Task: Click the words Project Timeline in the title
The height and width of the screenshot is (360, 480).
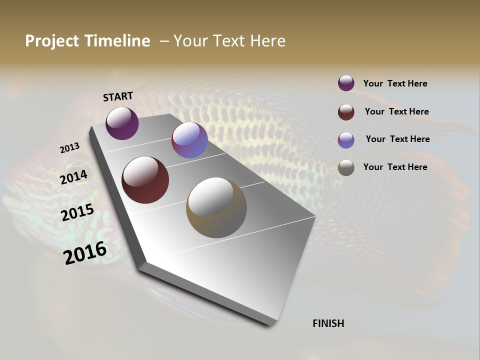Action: tap(87, 41)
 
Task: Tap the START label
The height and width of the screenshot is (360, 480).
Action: tap(118, 96)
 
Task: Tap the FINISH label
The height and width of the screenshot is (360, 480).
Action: tap(328, 323)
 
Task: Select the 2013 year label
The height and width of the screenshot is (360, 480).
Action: tap(69, 148)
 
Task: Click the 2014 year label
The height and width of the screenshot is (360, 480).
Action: tap(73, 177)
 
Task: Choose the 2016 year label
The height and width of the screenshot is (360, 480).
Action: tap(85, 252)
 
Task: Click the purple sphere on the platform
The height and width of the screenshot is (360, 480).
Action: tap(122, 123)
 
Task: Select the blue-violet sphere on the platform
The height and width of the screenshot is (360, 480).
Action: tap(189, 140)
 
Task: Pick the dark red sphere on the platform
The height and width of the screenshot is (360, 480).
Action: tap(145, 180)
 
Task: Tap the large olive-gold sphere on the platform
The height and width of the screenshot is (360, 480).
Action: tap(216, 207)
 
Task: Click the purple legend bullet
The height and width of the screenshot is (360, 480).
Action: tap(346, 83)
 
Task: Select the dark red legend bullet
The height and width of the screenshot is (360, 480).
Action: tap(346, 112)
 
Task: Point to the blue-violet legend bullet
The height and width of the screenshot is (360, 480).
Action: tap(346, 140)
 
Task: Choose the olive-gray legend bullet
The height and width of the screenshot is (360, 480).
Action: tap(346, 167)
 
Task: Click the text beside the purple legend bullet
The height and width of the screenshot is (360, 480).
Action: tap(395, 83)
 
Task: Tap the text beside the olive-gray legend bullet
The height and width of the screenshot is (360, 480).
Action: tap(395, 167)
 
